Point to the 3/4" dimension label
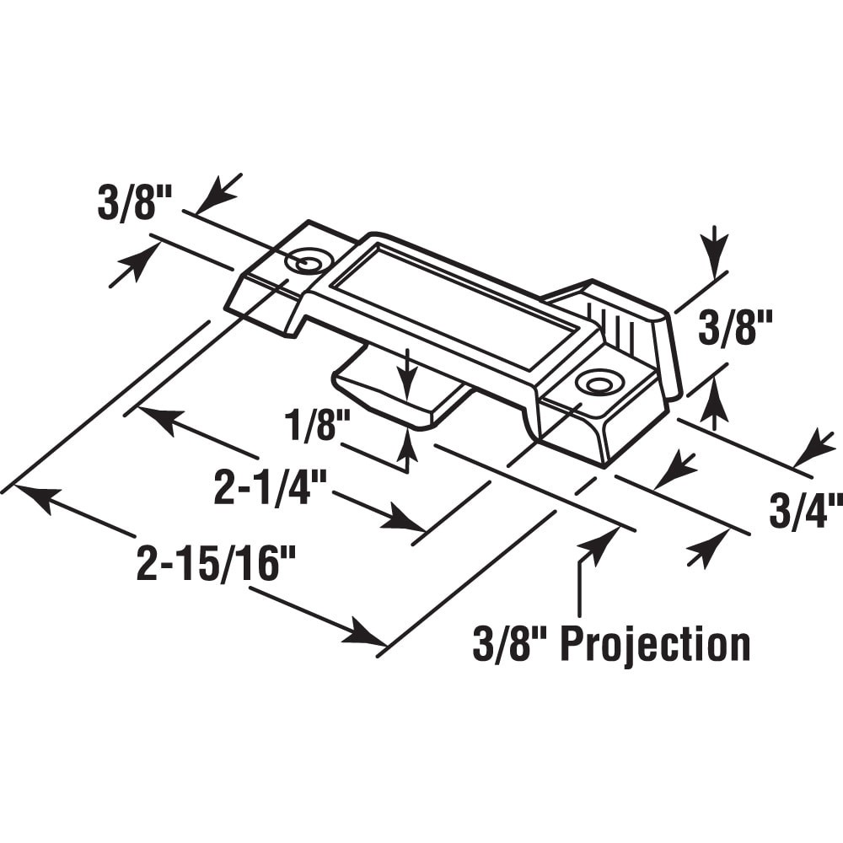click(806, 512)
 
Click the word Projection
click(655, 645)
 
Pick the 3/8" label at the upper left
click(135, 204)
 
